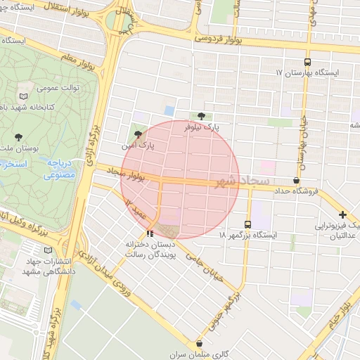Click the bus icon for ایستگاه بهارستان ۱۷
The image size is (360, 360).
pyautogui.click(x=307, y=63)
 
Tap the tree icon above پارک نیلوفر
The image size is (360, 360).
pyautogui.click(x=202, y=116)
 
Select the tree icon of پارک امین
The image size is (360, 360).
pyautogui.click(x=138, y=134)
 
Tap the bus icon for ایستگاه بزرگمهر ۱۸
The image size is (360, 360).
pyautogui.click(x=247, y=224)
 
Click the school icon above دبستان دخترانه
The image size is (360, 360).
pyautogui.click(x=150, y=233)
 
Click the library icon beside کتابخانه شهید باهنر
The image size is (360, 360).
pyautogui.click(x=25, y=96)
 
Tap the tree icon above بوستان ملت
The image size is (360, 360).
pyautogui.click(x=18, y=136)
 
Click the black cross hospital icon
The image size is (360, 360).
pyautogui.click(x=342, y=214)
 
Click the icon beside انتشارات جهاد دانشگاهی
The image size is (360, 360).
pyautogui.click(x=48, y=250)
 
